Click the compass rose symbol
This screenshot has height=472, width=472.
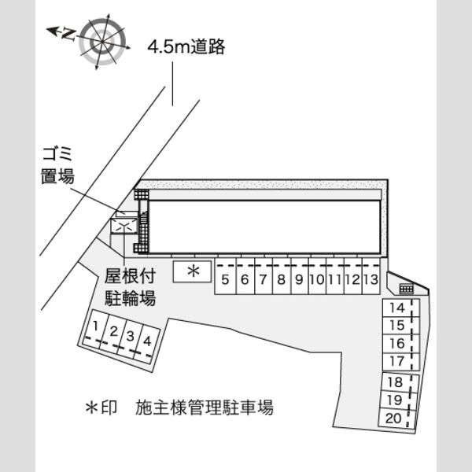[102, 42]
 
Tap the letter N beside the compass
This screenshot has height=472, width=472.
[68, 34]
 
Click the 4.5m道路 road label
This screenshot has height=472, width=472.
[186, 47]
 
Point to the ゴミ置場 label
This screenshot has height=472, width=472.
[57, 165]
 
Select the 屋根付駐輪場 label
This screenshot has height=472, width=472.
[130, 287]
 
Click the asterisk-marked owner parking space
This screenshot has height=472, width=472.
[192, 271]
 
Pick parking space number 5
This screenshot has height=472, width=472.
[225, 276]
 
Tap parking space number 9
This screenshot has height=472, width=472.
[299, 276]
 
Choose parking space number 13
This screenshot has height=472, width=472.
[371, 276]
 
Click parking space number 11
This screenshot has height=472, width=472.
[335, 276]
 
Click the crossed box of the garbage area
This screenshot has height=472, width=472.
[124, 226]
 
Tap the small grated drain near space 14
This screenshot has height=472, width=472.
[407, 289]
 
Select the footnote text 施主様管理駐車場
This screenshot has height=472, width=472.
[205, 407]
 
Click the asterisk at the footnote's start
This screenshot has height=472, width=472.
[92, 407]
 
